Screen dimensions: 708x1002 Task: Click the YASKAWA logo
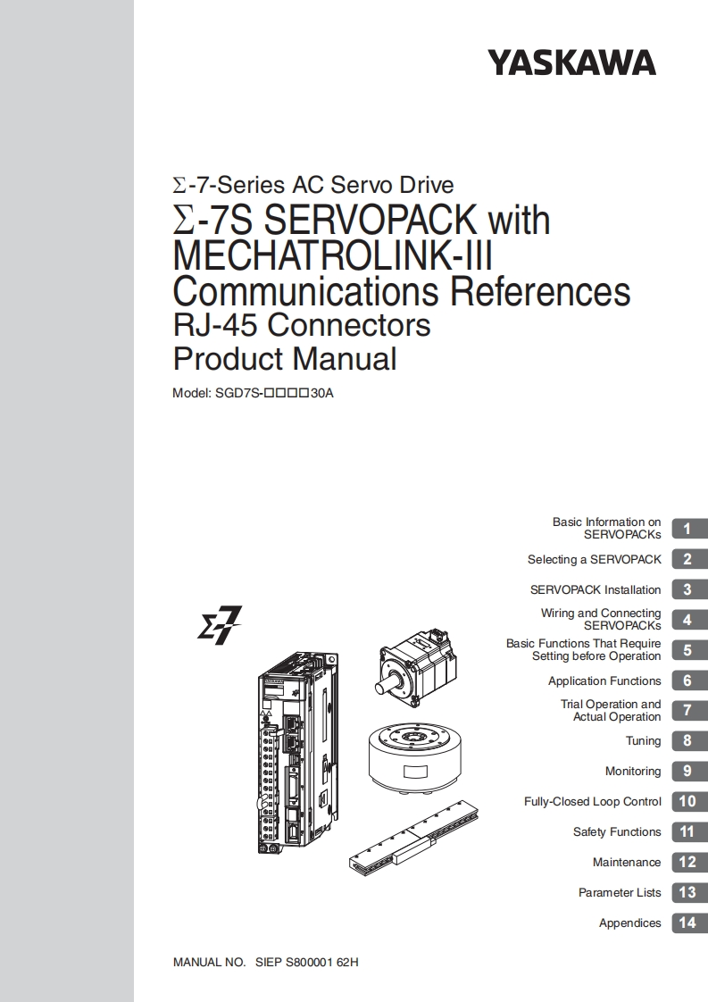[x=572, y=63]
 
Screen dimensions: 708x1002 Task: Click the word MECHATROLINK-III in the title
[x=333, y=255]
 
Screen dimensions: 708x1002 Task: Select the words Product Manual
[x=284, y=358]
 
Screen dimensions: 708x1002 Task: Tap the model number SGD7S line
[x=253, y=393]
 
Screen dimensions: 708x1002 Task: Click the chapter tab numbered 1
[x=689, y=529]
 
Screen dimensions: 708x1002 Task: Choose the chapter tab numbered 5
[x=689, y=650]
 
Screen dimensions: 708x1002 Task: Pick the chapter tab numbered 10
[x=689, y=801]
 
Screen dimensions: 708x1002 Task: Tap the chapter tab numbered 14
[x=689, y=923]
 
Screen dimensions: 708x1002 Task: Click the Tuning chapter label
[x=643, y=741]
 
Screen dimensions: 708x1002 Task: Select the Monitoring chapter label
[x=633, y=772]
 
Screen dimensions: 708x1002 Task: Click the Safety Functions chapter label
[x=617, y=832]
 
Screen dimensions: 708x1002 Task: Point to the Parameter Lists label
[x=620, y=893]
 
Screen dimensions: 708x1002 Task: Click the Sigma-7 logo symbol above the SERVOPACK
[x=219, y=625]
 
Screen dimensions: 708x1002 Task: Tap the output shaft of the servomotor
[x=386, y=691]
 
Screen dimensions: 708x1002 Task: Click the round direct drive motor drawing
[x=416, y=760]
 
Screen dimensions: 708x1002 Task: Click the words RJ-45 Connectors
[x=302, y=325]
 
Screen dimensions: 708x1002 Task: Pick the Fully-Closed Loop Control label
[x=592, y=802]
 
